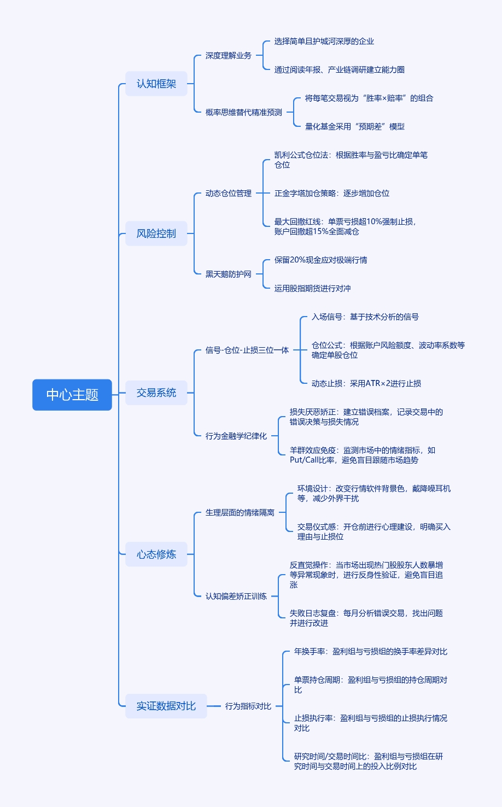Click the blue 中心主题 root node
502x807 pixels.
click(72, 394)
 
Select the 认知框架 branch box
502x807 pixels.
click(156, 84)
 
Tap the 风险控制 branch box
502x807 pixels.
click(156, 233)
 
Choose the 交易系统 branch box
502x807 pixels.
click(156, 393)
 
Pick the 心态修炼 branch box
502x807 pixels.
click(156, 554)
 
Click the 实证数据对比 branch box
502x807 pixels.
click(166, 706)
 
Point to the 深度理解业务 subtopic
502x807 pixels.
click(229, 55)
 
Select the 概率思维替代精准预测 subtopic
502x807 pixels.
click(244, 112)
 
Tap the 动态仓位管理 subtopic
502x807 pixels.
click(229, 193)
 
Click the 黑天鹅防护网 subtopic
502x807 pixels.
click(229, 274)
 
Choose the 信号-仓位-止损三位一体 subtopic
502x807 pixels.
click(247, 350)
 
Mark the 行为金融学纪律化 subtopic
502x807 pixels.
click(236, 436)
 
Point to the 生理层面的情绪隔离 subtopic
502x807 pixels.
click(240, 512)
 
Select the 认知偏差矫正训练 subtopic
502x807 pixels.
click(236, 596)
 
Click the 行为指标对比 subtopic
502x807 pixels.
click(248, 706)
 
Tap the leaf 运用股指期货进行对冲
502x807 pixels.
click(313, 288)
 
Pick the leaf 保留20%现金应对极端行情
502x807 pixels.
click(321, 260)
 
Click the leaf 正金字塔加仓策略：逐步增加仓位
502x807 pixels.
click(332, 193)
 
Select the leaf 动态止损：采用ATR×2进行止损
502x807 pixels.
click(366, 383)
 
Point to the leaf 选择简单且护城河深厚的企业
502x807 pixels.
click(324, 41)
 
